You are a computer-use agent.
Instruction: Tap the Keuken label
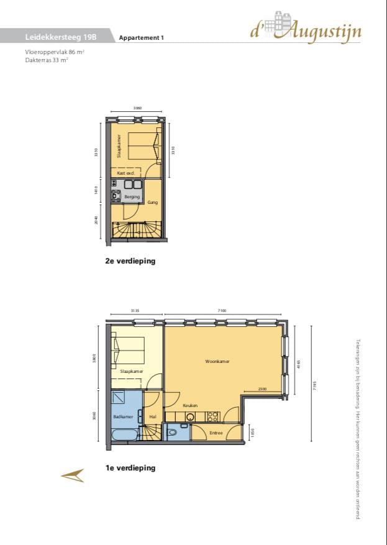tap(190, 405)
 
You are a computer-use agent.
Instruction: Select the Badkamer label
tap(122, 416)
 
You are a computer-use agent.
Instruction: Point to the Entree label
tap(216, 433)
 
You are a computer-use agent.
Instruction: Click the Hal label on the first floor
tap(153, 416)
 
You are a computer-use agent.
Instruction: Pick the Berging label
tap(132, 197)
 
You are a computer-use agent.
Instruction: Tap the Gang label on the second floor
tap(152, 203)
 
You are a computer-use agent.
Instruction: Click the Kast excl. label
tap(126, 173)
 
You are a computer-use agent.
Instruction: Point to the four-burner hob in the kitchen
tap(213, 416)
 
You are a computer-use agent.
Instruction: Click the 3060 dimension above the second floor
tap(137, 108)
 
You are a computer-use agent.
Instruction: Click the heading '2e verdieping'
tap(130, 261)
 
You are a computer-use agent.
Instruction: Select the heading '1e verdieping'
tap(130, 468)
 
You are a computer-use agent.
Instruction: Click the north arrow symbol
tap(72, 475)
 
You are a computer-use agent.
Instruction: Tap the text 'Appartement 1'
tap(141, 38)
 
